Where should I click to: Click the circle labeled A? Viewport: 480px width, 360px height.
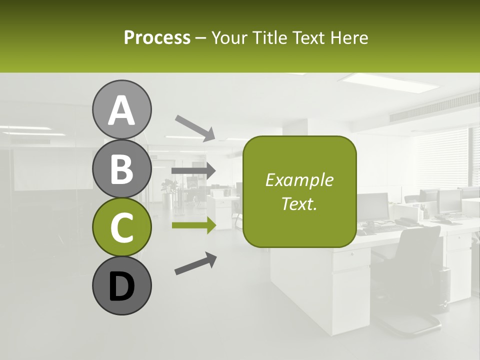121,109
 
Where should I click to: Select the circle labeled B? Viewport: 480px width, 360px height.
121,168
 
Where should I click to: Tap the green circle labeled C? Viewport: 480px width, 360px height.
121,227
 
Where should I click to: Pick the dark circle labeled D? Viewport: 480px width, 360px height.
121,285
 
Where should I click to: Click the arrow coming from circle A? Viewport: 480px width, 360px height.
195,128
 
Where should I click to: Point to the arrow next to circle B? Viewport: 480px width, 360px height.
193,171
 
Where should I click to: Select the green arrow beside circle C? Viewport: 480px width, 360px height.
193,225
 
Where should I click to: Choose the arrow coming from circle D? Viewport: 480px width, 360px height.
195,263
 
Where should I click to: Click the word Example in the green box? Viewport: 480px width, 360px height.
299,180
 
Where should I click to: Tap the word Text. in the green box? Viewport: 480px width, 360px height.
299,203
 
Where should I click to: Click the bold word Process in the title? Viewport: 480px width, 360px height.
157,37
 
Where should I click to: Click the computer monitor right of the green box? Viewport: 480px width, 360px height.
373,205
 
